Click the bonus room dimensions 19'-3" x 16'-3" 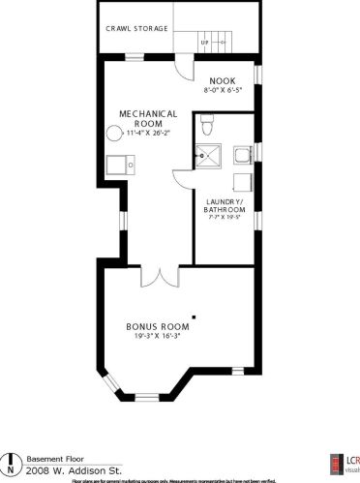(154, 336)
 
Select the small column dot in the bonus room (195, 316)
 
